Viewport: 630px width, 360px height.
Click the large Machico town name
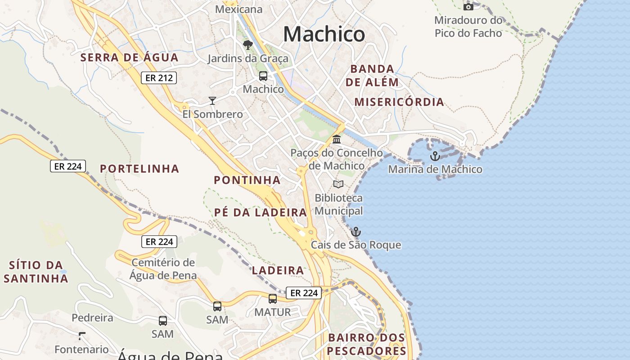(324, 34)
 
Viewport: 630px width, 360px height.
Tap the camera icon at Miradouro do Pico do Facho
(468, 7)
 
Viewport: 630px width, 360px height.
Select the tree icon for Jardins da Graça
(247, 45)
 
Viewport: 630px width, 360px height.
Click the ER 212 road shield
(159, 78)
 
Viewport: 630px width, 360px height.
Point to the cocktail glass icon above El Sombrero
(212, 100)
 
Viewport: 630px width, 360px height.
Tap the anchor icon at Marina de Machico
(435, 156)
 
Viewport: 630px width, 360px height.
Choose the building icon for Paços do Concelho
(337, 139)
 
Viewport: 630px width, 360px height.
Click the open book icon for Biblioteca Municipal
(338, 184)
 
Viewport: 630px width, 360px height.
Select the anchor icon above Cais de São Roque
(356, 232)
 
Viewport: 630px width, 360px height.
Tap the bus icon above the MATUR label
(273, 298)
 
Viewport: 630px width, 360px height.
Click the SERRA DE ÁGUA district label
(130, 58)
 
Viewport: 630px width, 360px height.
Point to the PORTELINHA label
(139, 169)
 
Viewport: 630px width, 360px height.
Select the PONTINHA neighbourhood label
(247, 180)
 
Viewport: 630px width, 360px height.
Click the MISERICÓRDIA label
(399, 102)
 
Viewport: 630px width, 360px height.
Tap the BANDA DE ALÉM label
(372, 75)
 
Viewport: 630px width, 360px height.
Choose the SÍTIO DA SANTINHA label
(36, 271)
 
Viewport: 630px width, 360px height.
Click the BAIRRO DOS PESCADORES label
(367, 344)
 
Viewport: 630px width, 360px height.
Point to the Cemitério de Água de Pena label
(163, 269)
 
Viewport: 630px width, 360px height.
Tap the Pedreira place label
(92, 318)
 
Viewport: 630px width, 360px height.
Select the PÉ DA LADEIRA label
(261, 212)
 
